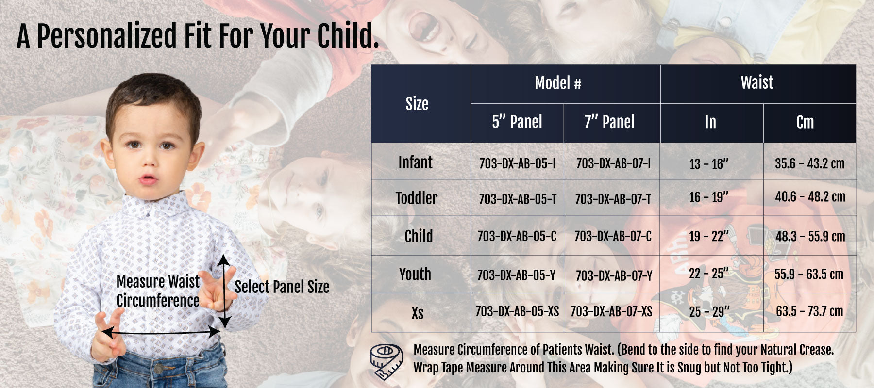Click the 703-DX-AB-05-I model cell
pyautogui.click(x=517, y=163)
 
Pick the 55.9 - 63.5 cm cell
pyautogui.click(x=809, y=274)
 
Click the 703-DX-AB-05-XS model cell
pyautogui.click(x=517, y=311)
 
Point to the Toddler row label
pyautogui.click(x=416, y=198)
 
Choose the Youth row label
pyautogui.click(x=415, y=274)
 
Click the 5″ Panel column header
pyautogui.click(x=517, y=122)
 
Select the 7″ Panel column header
pyautogui.click(x=609, y=122)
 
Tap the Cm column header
pyautogui.click(x=805, y=122)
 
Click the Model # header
pyautogui.click(x=558, y=83)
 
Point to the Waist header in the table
pyautogui.click(x=757, y=82)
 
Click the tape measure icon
pyautogui.click(x=387, y=361)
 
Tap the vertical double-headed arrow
pyautogui.click(x=224, y=291)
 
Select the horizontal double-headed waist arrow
pyautogui.click(x=162, y=332)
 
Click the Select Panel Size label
pyautogui.click(x=282, y=287)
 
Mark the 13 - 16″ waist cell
pyautogui.click(x=709, y=163)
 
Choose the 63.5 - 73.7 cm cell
pyautogui.click(x=809, y=311)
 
